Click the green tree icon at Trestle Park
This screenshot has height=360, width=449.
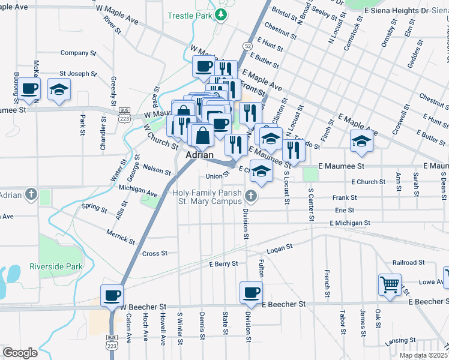221,14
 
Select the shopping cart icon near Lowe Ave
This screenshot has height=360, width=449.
390,284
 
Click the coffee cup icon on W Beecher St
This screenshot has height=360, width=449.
112,295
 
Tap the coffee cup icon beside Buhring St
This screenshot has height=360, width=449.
29,89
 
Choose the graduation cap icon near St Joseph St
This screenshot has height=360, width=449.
58,89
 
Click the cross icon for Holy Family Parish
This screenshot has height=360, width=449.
250,195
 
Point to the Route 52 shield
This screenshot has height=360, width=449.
247,46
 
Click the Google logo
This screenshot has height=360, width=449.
20,353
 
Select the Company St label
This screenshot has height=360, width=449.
79,53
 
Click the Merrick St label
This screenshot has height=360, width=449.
121,236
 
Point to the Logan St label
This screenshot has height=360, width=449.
279,247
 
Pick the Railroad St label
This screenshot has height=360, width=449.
408,263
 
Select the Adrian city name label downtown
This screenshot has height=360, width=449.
200,155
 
